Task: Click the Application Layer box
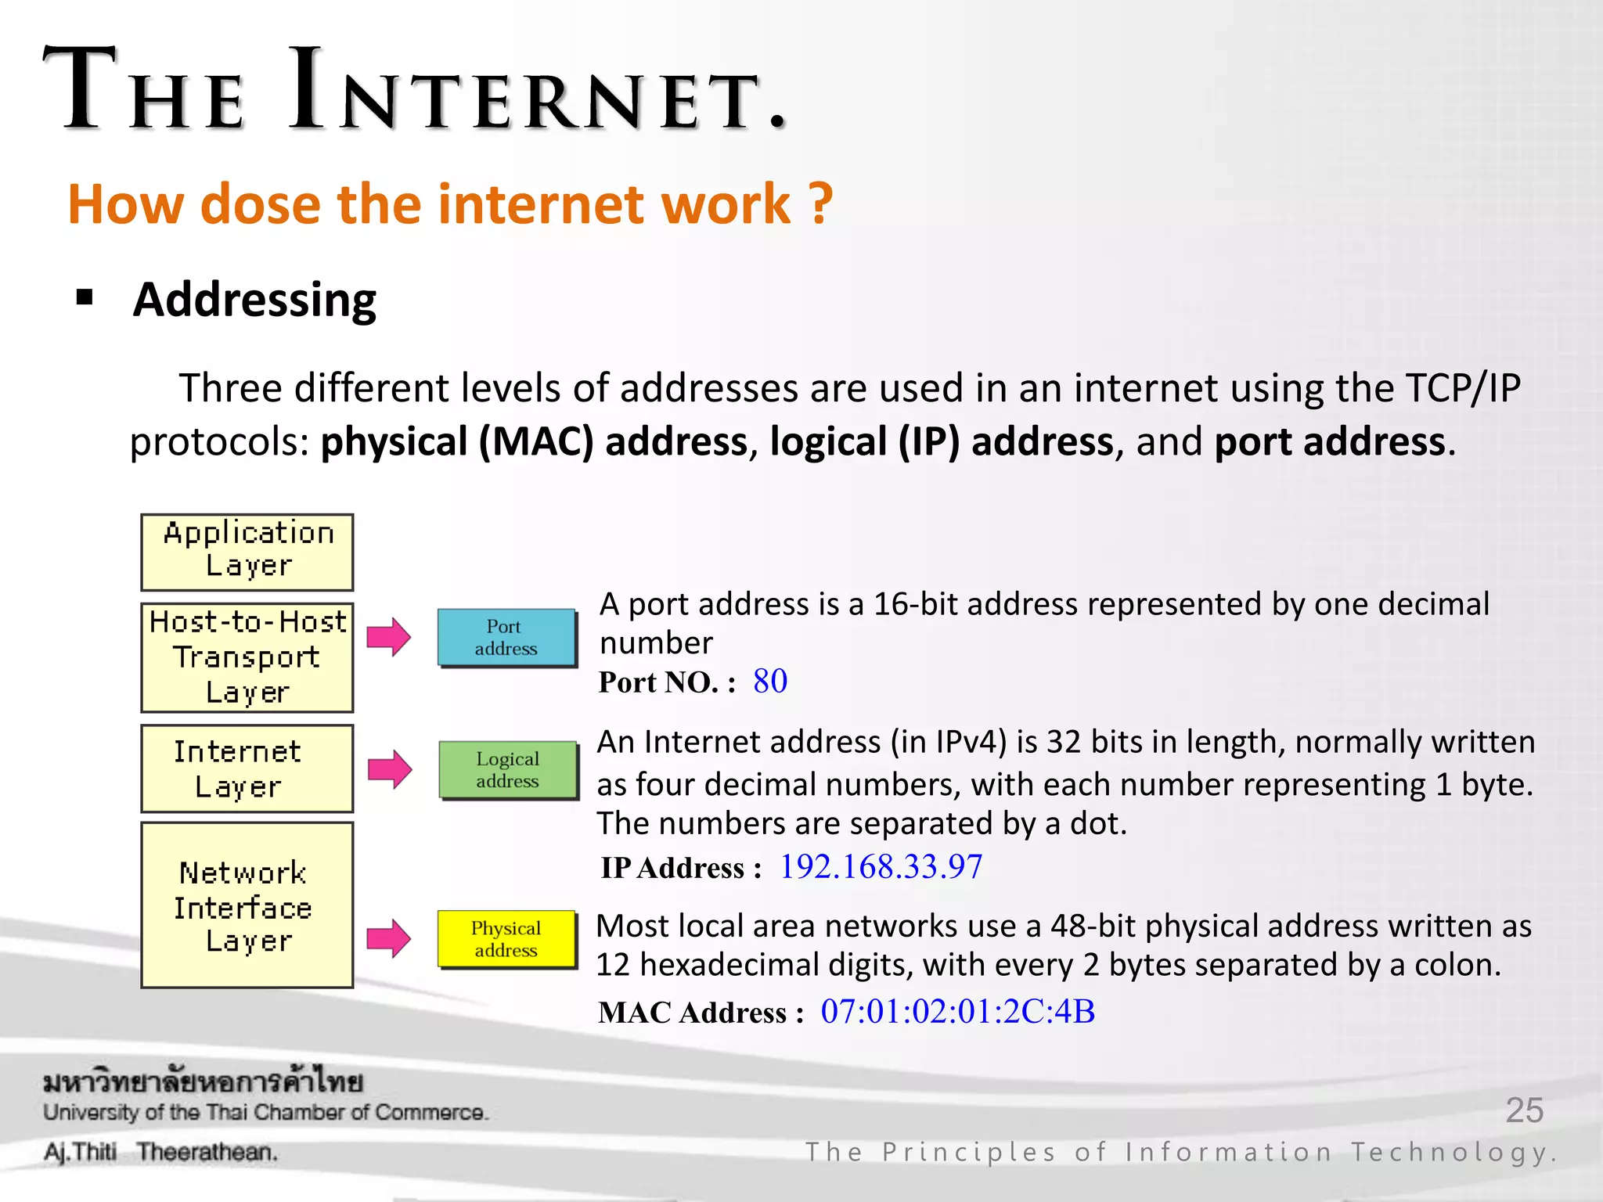click(x=247, y=552)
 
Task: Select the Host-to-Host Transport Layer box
click(x=247, y=657)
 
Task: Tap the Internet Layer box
click(x=247, y=768)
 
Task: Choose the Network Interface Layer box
click(x=247, y=905)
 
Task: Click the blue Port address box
click(x=506, y=638)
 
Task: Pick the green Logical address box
click(x=508, y=770)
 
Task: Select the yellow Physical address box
click(x=506, y=939)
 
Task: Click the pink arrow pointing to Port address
click(x=389, y=637)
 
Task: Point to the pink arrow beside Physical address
click(x=389, y=938)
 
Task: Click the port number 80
click(x=770, y=682)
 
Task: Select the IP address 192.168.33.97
click(x=881, y=867)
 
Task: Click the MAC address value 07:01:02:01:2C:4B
click(x=957, y=1012)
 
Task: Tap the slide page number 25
click(x=1524, y=1110)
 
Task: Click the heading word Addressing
click(x=254, y=300)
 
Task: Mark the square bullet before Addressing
click(x=85, y=298)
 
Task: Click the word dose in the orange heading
click(x=260, y=204)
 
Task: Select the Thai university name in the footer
click(x=203, y=1082)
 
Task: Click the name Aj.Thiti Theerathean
click(x=160, y=1152)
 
